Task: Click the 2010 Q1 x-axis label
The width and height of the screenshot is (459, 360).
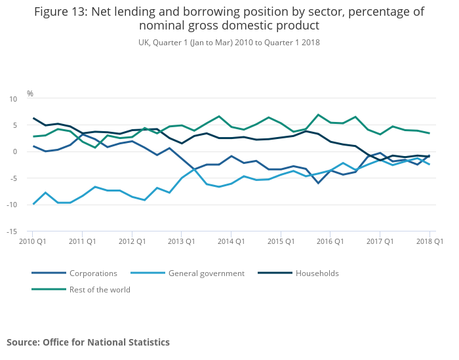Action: (31, 241)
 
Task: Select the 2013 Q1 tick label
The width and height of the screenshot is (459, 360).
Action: (181, 241)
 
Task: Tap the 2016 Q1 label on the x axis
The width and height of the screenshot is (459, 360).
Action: (330, 241)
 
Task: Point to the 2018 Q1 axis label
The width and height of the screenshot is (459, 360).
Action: (430, 241)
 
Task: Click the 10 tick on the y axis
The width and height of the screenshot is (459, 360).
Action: (13, 99)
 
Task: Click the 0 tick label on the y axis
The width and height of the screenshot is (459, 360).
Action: (15, 152)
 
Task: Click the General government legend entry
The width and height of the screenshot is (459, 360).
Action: (206, 273)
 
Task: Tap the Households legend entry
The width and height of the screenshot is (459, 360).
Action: (317, 273)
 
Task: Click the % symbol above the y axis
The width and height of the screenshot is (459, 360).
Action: (30, 94)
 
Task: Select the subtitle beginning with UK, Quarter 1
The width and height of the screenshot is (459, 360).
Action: (229, 43)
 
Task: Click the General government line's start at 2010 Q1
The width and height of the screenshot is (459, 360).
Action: (33, 204)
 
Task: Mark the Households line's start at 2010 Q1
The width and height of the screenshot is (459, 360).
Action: (33, 118)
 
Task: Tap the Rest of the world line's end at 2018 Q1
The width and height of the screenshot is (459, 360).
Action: (429, 133)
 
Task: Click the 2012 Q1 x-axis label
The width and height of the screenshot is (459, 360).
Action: (131, 241)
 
